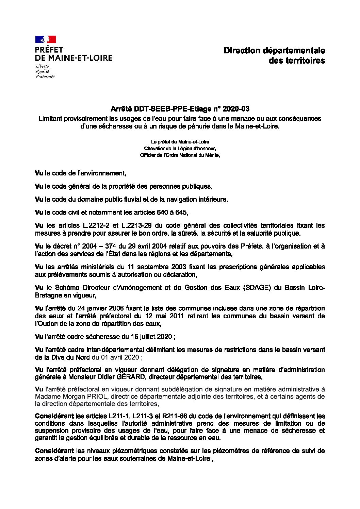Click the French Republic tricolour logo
pyautogui.click(x=46, y=39)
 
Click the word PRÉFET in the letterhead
pyautogui.click(x=49, y=50)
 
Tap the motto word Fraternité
pyautogui.click(x=45, y=77)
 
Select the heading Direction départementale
pyautogui.click(x=274, y=51)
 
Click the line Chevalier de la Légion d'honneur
pyautogui.click(x=180, y=149)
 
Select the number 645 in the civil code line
pyautogui.click(x=181, y=213)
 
